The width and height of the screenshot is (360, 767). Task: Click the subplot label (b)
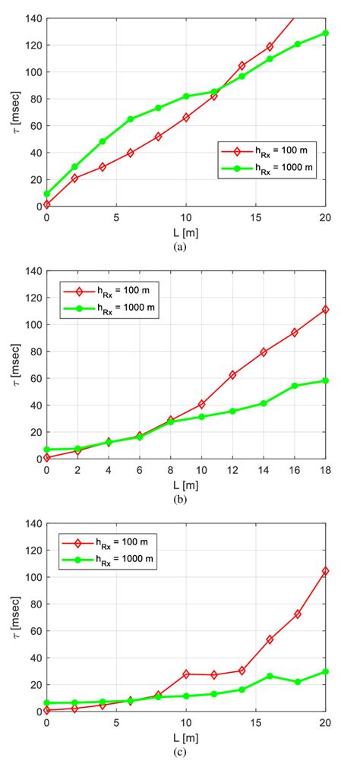coord(185,500)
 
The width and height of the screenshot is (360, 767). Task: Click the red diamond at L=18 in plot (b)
coord(325,310)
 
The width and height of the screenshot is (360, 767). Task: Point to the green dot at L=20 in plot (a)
coord(325,33)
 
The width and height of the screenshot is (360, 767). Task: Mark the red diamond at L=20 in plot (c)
coord(325,571)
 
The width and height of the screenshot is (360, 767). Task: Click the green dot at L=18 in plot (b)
coord(325,380)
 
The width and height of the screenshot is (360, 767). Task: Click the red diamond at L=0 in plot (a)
coord(47,204)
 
